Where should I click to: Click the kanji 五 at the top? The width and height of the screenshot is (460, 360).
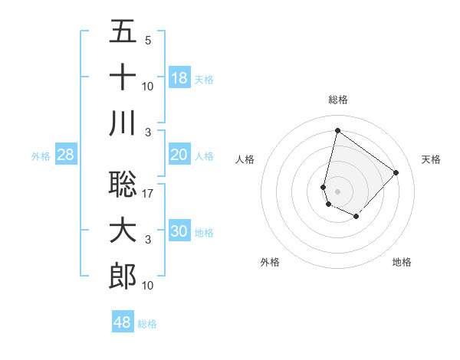[123, 32]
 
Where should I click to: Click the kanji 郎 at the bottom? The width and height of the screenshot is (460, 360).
[123, 276]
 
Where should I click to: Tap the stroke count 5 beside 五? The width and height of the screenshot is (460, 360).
[148, 41]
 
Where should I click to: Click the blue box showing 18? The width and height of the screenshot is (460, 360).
[179, 77]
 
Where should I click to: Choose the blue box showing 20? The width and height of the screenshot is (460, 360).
[179, 155]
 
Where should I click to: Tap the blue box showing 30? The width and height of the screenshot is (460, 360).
[179, 231]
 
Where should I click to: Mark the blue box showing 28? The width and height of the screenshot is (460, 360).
[66, 155]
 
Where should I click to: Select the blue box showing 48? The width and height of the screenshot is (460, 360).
[123, 322]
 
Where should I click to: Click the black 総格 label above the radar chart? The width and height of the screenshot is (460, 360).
[338, 100]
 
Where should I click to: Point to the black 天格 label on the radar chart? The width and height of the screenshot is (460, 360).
[431, 159]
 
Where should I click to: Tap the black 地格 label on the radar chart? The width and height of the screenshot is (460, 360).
[402, 262]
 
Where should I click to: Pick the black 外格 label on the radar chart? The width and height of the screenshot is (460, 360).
[270, 262]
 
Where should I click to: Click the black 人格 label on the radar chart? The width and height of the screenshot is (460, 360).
[245, 159]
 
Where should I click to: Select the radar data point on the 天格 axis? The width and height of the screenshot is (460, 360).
[396, 172]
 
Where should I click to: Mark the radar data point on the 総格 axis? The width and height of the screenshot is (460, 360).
[337, 130]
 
